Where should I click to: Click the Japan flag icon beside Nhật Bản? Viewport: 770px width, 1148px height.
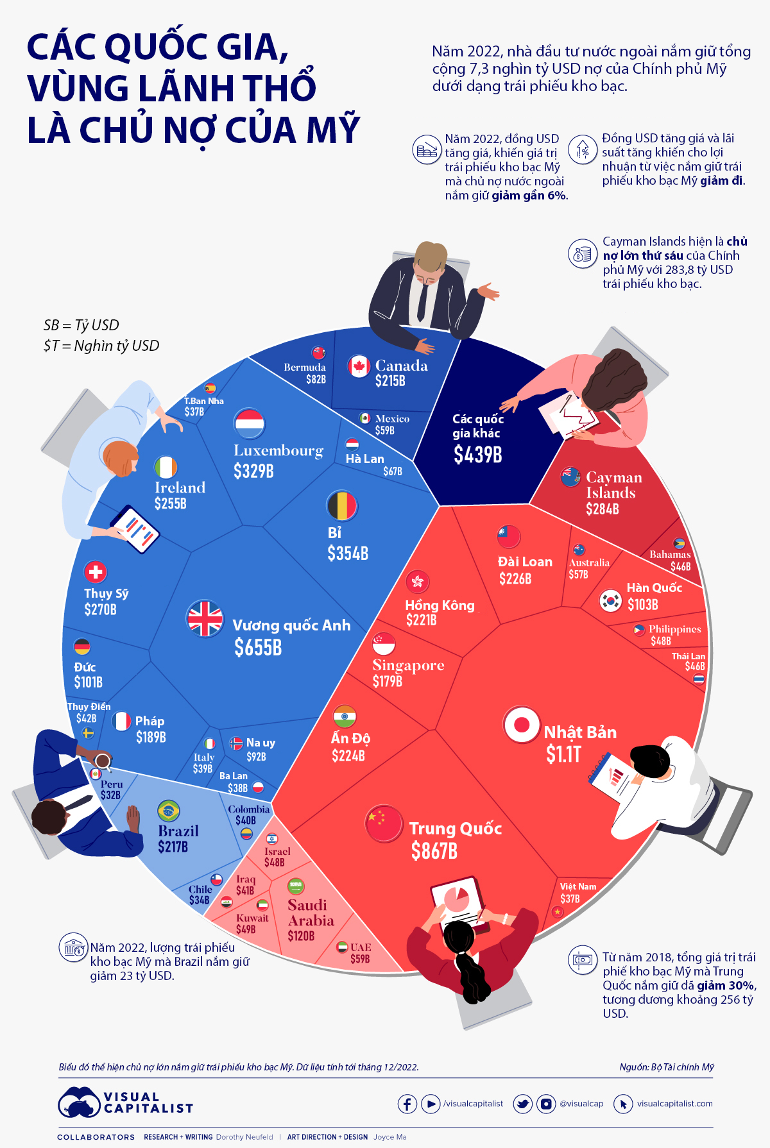pyautogui.click(x=521, y=725)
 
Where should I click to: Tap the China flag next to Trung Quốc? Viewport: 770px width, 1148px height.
pyautogui.click(x=384, y=823)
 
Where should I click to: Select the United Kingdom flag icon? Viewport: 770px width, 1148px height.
pyautogui.click(x=205, y=619)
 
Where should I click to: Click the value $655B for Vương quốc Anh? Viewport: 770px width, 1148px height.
pyautogui.click(x=258, y=648)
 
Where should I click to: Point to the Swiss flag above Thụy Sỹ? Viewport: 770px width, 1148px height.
pyautogui.click(x=96, y=571)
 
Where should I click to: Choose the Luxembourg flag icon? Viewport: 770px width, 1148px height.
pyautogui.click(x=250, y=423)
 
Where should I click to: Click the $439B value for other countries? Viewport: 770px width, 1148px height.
pyautogui.click(x=477, y=455)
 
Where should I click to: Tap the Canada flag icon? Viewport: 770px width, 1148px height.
pyautogui.click(x=359, y=366)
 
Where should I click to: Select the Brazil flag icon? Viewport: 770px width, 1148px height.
pyautogui.click(x=169, y=811)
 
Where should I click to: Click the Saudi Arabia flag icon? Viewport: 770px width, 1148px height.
pyautogui.click(x=296, y=886)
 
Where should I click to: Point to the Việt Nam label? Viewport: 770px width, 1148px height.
pyautogui.click(x=578, y=886)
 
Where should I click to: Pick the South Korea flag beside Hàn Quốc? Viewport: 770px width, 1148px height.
pyautogui.click(x=610, y=601)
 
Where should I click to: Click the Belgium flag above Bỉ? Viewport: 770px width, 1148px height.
pyautogui.click(x=341, y=506)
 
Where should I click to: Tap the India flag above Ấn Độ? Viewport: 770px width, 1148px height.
pyautogui.click(x=345, y=716)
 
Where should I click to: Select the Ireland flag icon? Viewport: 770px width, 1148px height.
pyautogui.click(x=166, y=467)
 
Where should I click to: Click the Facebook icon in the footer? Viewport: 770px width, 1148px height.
pyautogui.click(x=407, y=1104)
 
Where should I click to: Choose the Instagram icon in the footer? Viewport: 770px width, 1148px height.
pyautogui.click(x=546, y=1104)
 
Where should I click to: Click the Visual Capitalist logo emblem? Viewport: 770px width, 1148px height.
pyautogui.click(x=79, y=1102)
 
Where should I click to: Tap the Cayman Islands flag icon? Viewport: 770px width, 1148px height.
pyautogui.click(x=570, y=477)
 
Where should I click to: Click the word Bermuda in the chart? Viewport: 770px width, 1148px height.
pyautogui.click(x=305, y=367)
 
